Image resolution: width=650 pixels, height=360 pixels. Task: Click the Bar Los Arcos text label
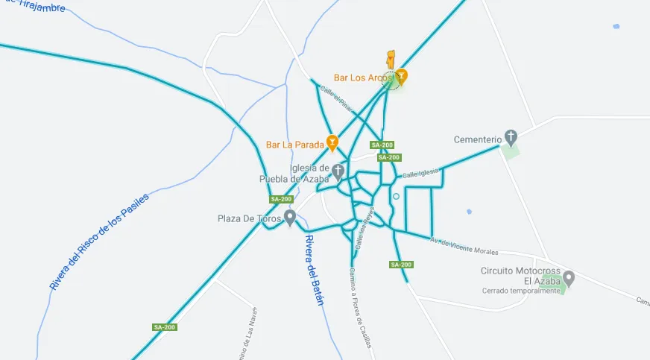point(363,78)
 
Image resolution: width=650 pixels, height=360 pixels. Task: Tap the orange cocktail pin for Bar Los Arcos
point(402,75)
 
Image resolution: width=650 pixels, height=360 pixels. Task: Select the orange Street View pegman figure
point(390,60)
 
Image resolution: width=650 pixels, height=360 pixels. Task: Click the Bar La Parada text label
point(295,144)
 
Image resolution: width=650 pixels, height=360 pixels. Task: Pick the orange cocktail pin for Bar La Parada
point(332,142)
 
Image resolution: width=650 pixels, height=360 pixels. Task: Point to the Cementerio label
point(478,139)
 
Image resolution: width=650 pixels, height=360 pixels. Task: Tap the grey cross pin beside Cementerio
point(511,136)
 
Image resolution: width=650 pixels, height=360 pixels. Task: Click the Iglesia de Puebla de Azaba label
point(294,173)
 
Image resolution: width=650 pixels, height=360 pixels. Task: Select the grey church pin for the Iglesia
point(338,171)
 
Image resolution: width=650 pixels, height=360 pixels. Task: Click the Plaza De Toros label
point(249,218)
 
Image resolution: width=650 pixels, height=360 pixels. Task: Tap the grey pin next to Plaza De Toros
point(290,217)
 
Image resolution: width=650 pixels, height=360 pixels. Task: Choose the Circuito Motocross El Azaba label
point(520,276)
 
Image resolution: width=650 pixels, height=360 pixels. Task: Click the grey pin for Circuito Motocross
point(569,279)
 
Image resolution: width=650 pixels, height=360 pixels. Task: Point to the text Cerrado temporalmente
point(520,291)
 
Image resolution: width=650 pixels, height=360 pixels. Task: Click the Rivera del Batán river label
point(315,271)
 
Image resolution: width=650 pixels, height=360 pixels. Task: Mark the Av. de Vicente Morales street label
point(463,245)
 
